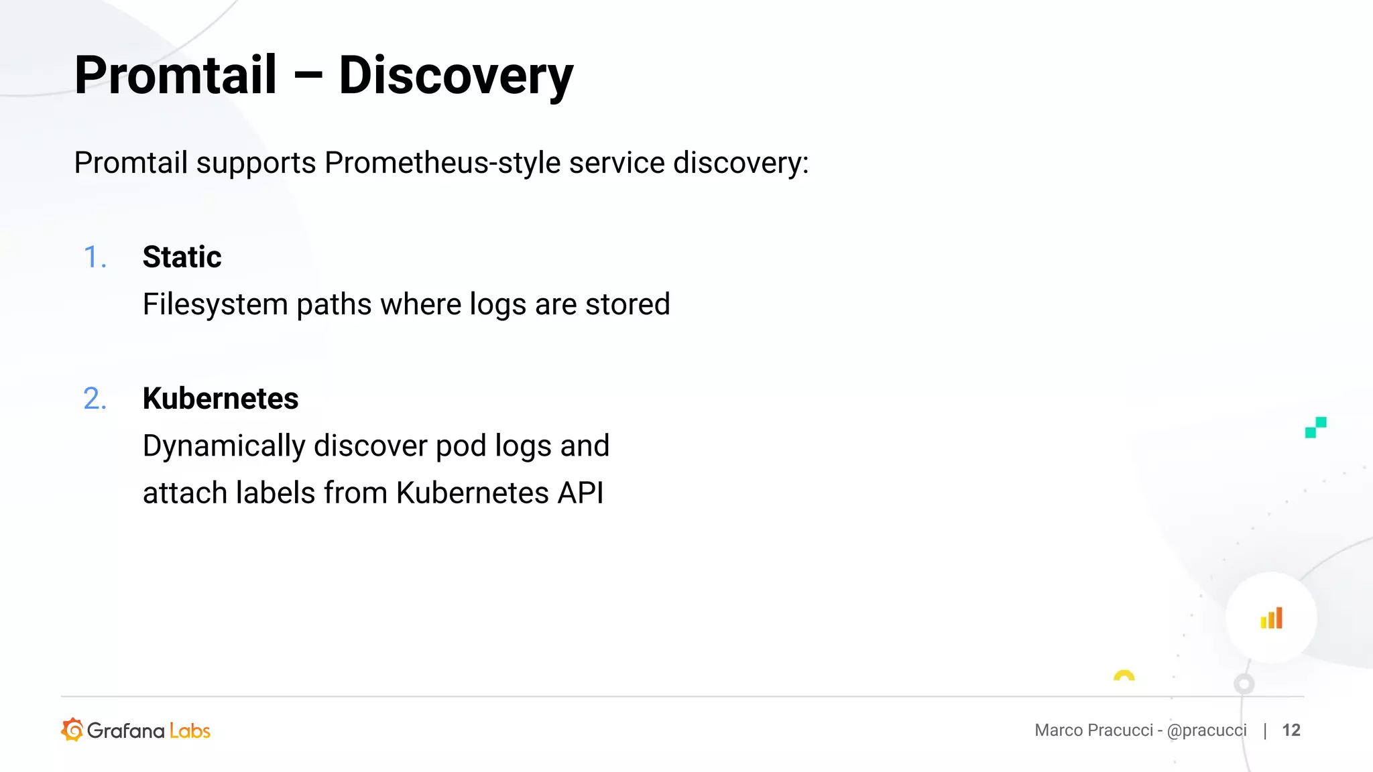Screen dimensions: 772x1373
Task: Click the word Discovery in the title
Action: (456, 76)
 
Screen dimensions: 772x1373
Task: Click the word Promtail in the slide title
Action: (176, 74)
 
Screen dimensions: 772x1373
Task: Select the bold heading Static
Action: (182, 257)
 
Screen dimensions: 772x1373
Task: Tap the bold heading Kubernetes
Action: (221, 399)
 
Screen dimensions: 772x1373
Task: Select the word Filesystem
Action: (215, 305)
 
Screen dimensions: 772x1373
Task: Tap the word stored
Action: (628, 304)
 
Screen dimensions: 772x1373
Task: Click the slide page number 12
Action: (1291, 730)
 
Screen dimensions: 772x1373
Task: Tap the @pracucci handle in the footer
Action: (1207, 730)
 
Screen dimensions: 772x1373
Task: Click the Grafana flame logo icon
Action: (72, 730)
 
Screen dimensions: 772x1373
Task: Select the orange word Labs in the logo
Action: (190, 731)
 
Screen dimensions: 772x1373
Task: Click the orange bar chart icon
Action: (1271, 618)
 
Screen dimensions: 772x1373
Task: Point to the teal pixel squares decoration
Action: (1315, 428)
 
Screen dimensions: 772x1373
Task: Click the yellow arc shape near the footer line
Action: (1124, 675)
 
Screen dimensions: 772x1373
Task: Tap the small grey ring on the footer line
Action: (1244, 684)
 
